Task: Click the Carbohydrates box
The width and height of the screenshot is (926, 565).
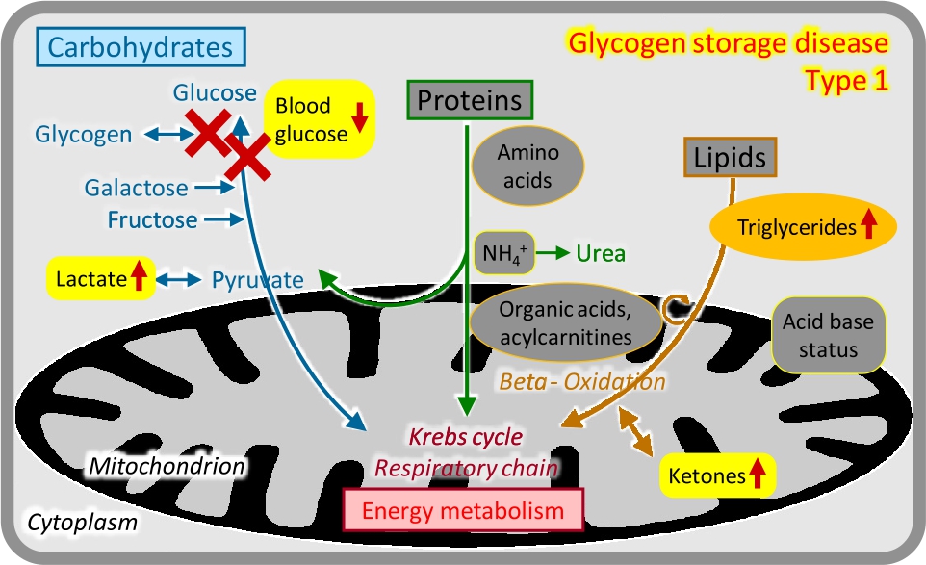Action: pyautogui.click(x=141, y=46)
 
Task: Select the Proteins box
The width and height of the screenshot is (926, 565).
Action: pyautogui.click(x=470, y=99)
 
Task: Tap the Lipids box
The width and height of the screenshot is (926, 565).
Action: pyautogui.click(x=731, y=157)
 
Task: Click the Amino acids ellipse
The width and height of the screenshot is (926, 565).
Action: pyautogui.click(x=527, y=167)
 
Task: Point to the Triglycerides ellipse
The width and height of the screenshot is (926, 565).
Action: pyautogui.click(x=803, y=227)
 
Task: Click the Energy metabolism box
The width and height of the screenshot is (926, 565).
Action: pyautogui.click(x=463, y=510)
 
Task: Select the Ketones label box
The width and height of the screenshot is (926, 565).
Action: pyautogui.click(x=717, y=475)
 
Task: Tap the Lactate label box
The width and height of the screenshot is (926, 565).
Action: pyautogui.click(x=100, y=280)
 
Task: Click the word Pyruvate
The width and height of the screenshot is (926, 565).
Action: pyautogui.click(x=257, y=280)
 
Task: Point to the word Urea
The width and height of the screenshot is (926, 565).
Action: pyautogui.click(x=601, y=254)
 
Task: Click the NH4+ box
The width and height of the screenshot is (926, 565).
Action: pyautogui.click(x=504, y=253)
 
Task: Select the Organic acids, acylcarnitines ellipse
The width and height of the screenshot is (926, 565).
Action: pyautogui.click(x=566, y=321)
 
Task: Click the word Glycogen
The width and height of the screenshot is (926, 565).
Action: pyautogui.click(x=83, y=134)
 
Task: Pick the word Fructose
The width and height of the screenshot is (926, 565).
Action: pyautogui.click(x=152, y=220)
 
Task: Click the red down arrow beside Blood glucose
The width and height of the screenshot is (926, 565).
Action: pyautogui.click(x=360, y=118)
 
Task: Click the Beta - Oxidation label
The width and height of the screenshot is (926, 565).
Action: pyautogui.click(x=581, y=381)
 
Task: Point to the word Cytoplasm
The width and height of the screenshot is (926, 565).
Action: pyautogui.click(x=81, y=523)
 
